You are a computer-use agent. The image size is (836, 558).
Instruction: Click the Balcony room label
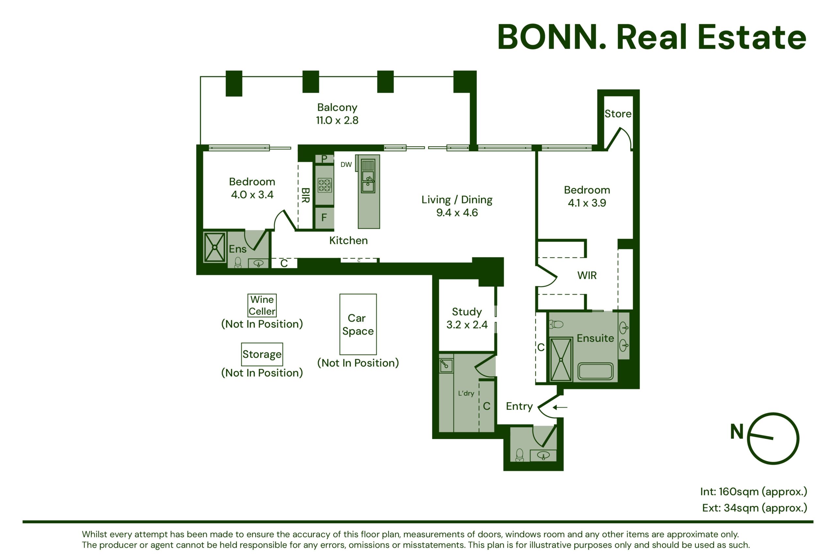click(x=337, y=107)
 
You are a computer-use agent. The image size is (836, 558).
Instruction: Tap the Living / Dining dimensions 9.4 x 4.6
click(x=457, y=212)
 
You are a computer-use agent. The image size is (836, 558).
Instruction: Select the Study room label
click(x=467, y=312)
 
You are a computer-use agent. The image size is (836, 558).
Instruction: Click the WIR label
click(x=587, y=275)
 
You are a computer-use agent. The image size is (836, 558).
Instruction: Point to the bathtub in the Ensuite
click(x=595, y=371)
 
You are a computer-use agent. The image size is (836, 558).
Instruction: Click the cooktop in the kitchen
click(x=324, y=185)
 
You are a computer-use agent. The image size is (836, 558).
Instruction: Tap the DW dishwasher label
click(x=346, y=164)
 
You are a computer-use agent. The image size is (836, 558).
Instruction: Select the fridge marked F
click(x=324, y=218)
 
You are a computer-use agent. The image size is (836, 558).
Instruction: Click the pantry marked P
click(x=324, y=159)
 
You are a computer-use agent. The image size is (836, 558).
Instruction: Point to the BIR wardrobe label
click(x=305, y=195)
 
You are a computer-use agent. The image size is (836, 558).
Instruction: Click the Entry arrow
click(x=560, y=407)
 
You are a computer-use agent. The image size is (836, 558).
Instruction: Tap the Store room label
click(x=618, y=114)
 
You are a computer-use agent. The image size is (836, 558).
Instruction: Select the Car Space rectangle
click(x=358, y=324)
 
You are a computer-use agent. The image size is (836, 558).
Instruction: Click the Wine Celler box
click(x=262, y=305)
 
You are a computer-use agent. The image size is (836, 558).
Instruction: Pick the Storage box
click(x=262, y=354)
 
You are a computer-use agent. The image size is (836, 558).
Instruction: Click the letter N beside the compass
click(x=737, y=431)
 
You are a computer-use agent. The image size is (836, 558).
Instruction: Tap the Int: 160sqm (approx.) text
click(x=753, y=491)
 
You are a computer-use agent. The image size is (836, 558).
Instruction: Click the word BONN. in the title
click(x=551, y=37)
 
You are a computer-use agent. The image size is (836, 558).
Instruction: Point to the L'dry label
click(x=466, y=393)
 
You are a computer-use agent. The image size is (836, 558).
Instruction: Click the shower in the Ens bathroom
click(x=215, y=247)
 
